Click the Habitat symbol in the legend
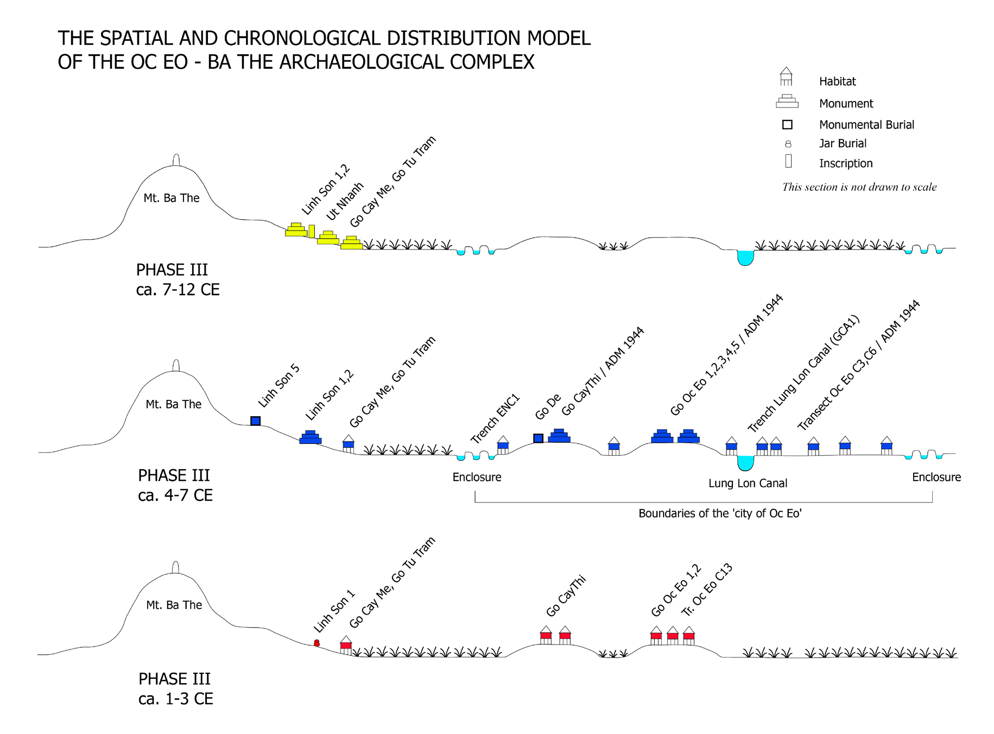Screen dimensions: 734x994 tap(786, 77)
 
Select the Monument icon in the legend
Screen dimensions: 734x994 tap(787, 101)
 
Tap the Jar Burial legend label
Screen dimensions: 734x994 tap(843, 144)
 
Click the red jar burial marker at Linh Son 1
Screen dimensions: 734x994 tap(316, 643)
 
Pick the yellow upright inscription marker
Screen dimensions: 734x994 tap(312, 231)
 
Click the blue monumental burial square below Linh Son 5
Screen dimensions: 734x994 tap(255, 421)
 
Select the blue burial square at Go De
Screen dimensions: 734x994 tap(538, 438)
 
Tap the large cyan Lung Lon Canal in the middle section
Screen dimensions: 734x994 tap(745, 463)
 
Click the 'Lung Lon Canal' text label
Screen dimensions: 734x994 tap(748, 483)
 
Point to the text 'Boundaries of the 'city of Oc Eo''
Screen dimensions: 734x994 tap(720, 514)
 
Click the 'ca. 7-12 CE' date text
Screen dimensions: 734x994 tap(178, 290)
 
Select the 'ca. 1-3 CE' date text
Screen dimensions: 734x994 tap(175, 699)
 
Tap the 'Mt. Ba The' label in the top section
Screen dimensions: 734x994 tap(171, 198)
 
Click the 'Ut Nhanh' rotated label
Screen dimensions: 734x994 tap(345, 201)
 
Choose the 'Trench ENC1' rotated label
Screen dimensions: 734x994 tap(495, 419)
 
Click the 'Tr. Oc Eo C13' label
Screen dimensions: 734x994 tap(707, 590)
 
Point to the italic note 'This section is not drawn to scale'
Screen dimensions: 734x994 tap(859, 187)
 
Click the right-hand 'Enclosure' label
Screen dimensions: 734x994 tap(936, 477)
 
